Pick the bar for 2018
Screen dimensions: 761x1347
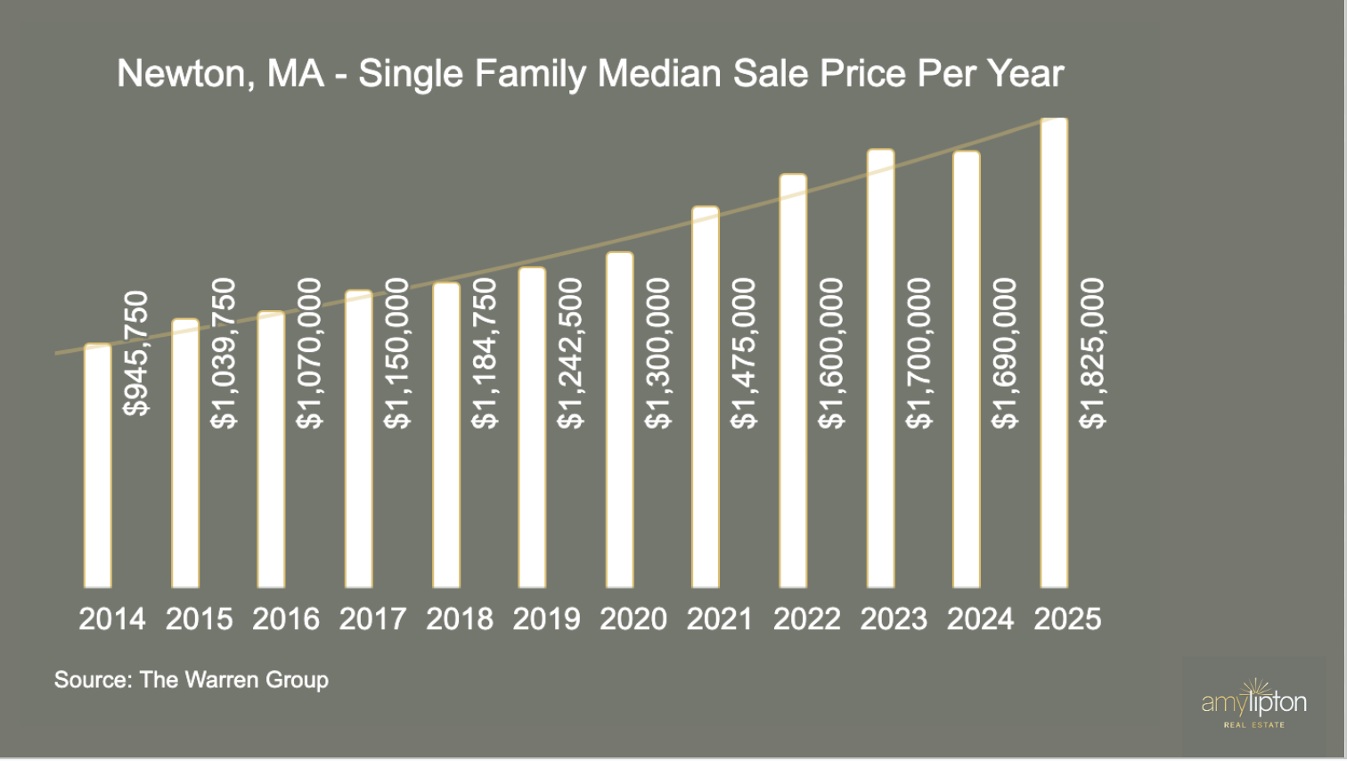coord(446,436)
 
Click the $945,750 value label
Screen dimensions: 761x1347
coord(137,354)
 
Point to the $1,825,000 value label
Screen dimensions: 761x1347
coord(1092,354)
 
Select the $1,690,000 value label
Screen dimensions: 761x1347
coord(1005,354)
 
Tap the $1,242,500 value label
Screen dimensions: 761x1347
coord(570,354)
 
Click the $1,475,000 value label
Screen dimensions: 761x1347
coord(744,354)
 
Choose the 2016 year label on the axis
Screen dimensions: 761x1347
coord(286,618)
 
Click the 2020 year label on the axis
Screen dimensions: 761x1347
coord(633,618)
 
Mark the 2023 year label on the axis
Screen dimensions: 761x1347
coord(894,618)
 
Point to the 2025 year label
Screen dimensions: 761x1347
coord(1067,618)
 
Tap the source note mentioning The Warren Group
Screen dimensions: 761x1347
coord(192,680)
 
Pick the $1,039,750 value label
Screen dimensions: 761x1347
coord(224,354)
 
